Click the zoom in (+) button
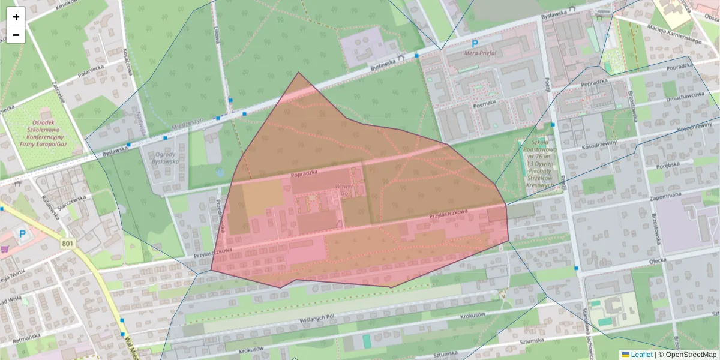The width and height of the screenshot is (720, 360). tap(16, 17)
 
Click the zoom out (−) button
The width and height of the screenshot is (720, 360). tap(16, 35)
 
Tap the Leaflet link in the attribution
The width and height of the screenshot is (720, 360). tap(641, 355)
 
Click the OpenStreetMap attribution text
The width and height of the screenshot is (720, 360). tap(687, 355)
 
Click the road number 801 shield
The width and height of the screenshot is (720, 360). tap(67, 243)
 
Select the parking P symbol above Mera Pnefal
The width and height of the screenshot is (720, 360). tap(475, 43)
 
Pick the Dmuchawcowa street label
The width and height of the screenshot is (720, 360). tap(685, 95)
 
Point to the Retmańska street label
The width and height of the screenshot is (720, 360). tap(25, 339)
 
